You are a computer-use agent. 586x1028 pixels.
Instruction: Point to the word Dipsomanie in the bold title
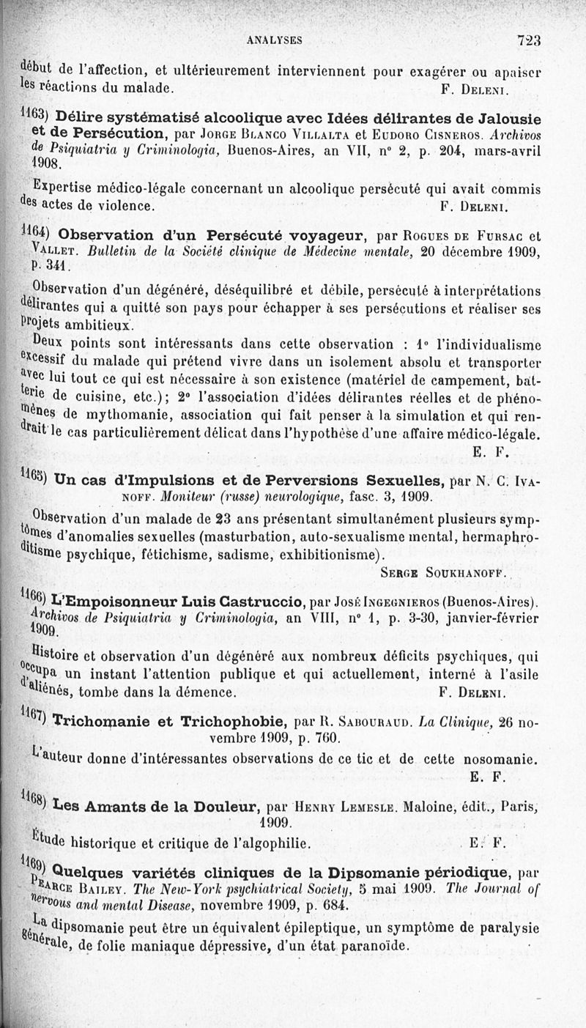coord(371,873)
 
